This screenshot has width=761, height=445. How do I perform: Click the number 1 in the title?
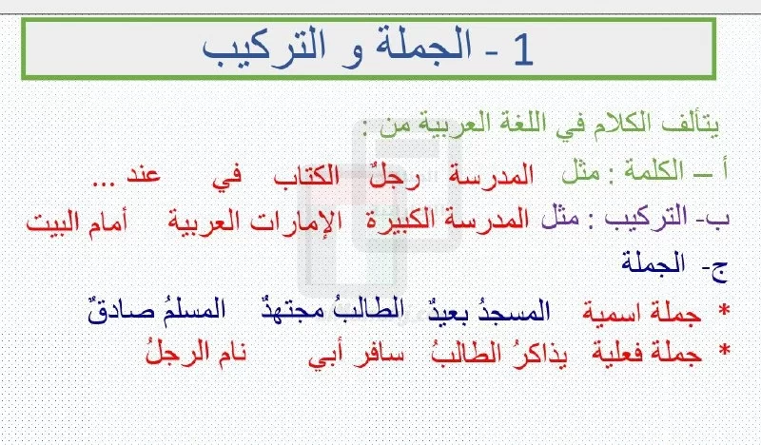(522, 50)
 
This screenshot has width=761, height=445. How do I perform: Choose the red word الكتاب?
(306, 175)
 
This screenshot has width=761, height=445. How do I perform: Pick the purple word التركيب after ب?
(646, 218)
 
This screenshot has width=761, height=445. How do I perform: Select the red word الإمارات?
(296, 221)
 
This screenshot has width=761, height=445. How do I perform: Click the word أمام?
(107, 222)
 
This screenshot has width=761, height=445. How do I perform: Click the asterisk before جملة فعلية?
(725, 350)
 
